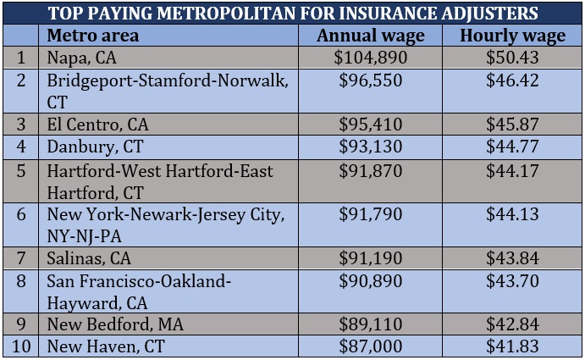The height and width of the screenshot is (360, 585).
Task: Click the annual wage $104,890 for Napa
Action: pyautogui.click(x=371, y=58)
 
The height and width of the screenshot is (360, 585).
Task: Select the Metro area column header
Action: pyautogui.click(x=92, y=36)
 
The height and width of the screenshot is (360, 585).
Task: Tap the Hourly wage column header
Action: pyautogui.click(x=512, y=36)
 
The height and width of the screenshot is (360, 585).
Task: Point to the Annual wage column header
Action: pyautogui.click(x=371, y=36)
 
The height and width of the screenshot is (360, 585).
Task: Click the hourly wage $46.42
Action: pyautogui.click(x=512, y=80)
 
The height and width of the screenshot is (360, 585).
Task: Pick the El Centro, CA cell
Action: pyautogui.click(x=98, y=124)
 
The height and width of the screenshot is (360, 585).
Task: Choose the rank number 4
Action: pyautogui.click(x=21, y=146)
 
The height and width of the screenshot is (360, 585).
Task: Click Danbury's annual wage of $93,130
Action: pyautogui.click(x=371, y=146)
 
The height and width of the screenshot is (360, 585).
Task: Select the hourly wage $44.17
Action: pyautogui.click(x=512, y=170)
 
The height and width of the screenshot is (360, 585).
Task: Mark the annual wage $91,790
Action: pyautogui.click(x=371, y=214)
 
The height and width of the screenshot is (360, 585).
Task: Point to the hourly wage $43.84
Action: pyautogui.click(x=512, y=258)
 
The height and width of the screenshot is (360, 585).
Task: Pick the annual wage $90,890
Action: pyautogui.click(x=371, y=280)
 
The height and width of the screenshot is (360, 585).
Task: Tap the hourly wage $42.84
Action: pyautogui.click(x=512, y=324)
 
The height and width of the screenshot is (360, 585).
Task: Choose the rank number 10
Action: pyautogui.click(x=20, y=346)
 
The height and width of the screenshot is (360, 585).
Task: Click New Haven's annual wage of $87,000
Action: pyautogui.click(x=371, y=346)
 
